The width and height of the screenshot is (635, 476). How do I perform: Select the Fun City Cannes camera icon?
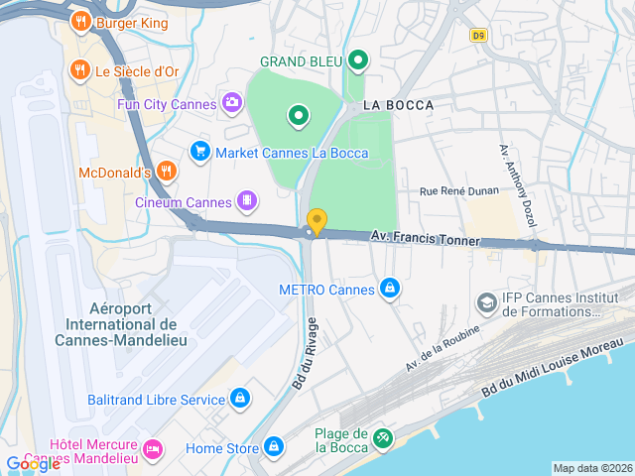pos(231,102)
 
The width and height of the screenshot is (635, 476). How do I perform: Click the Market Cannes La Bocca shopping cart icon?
pos(199,152)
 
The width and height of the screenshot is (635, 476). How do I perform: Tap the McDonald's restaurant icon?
pos(166,172)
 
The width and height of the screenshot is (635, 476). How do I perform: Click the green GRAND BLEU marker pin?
pos(358,61)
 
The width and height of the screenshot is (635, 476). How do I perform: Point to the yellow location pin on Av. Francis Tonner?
pos(317,221)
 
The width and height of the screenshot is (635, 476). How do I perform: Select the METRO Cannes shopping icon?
pos(391,289)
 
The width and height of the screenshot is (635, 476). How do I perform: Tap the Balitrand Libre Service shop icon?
pos(239,399)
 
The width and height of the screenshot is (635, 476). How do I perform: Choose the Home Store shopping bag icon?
pos(274,447)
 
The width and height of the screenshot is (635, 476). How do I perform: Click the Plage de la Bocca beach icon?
pos(383,436)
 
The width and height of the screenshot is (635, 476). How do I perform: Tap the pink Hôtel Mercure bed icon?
pos(152,449)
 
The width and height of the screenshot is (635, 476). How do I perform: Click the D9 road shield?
pos(479,35)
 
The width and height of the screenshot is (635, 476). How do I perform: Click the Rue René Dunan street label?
pos(457,191)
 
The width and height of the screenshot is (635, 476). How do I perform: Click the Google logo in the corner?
pos(33,464)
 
